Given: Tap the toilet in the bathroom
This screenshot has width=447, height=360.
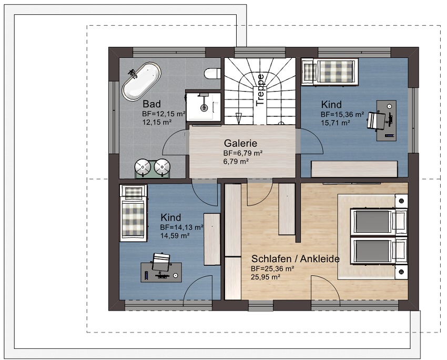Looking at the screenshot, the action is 212,73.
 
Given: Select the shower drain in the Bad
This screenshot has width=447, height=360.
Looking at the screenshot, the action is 204,108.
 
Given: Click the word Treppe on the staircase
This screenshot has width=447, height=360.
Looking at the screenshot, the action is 260,90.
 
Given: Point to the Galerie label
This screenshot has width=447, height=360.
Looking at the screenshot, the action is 240,143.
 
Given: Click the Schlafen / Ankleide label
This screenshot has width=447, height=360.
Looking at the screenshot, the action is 296,259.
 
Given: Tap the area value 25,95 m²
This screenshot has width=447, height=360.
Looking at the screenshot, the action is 266,277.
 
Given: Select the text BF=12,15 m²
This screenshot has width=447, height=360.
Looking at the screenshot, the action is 164,114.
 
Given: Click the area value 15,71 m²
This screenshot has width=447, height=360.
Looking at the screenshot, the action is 336,123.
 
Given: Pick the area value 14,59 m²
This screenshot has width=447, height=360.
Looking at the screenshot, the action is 175,236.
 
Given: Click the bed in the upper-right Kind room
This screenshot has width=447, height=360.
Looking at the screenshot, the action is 330,72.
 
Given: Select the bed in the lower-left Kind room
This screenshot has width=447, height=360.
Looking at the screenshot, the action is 133,213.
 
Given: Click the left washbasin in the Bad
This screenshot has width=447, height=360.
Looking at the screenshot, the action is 143,167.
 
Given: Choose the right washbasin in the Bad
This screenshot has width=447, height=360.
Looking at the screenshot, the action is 162,167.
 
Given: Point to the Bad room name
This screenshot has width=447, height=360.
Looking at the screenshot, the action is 151,104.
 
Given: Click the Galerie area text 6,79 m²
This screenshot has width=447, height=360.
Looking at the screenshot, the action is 236,162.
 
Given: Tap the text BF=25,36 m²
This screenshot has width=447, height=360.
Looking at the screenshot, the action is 272,268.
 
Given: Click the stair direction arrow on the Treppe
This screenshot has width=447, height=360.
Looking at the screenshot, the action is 239,118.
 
